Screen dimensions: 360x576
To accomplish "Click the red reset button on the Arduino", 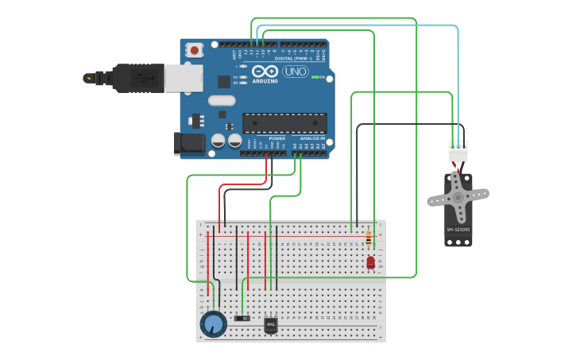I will point(195,50).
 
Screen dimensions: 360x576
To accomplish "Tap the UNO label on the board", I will point(295,72).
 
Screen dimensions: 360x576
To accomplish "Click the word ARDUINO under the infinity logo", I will point(265,81).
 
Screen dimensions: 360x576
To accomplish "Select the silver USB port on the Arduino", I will point(184,78).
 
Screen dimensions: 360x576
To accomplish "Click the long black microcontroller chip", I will point(284,123).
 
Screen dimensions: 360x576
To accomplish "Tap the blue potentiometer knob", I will point(213,323).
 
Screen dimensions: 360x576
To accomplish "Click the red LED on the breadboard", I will point(370,261).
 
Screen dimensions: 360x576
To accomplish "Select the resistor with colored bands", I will point(368,238).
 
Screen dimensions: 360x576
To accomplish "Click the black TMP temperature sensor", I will point(271,324).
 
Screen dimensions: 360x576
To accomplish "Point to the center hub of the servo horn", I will point(458,195).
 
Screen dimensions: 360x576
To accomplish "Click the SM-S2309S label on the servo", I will point(458,230).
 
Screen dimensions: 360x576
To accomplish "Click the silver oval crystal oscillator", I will point(222,101).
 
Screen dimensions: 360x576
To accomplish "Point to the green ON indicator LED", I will point(317,77).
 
